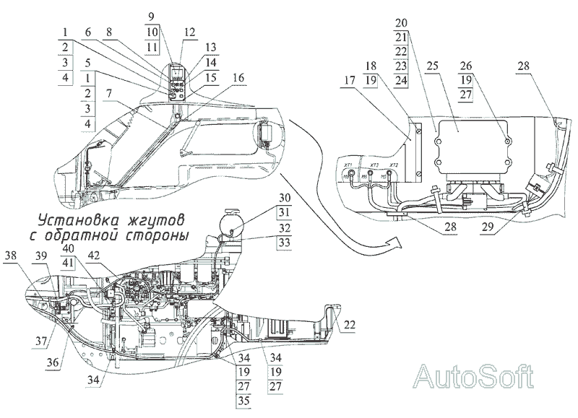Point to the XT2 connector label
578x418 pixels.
[x=392, y=165]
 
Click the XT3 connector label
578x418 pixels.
[x=372, y=165]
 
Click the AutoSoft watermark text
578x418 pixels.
[x=475, y=378]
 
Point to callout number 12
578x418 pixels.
[x=190, y=34]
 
